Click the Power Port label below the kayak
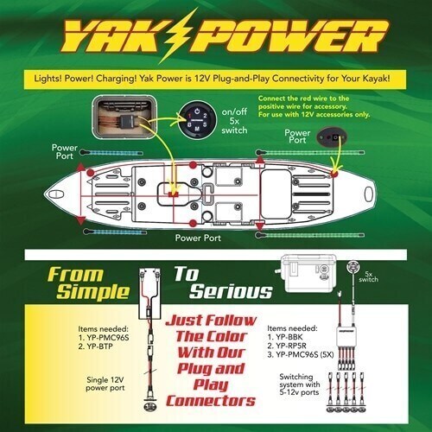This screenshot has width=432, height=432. [x=201, y=237]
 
